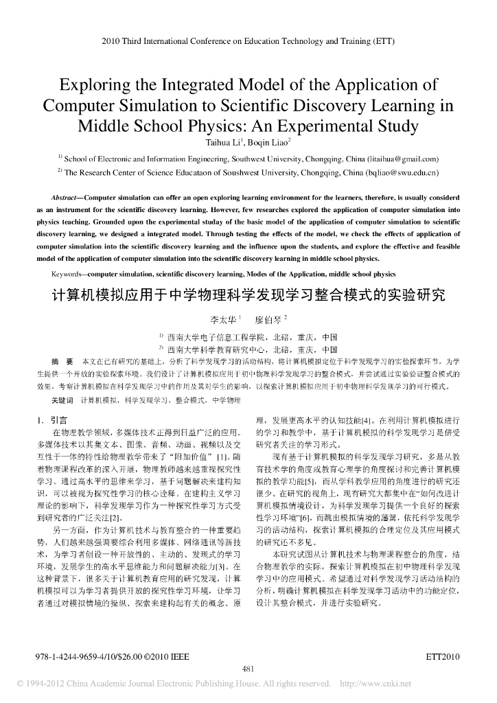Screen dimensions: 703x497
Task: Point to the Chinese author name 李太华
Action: coord(222,320)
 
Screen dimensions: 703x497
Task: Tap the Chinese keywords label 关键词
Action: coord(64,400)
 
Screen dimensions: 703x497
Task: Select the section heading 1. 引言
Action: coord(51,419)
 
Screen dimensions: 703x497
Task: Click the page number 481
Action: coord(248,669)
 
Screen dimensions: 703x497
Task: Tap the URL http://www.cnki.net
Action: coord(375,684)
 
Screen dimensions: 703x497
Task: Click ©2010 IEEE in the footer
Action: coord(166,658)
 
